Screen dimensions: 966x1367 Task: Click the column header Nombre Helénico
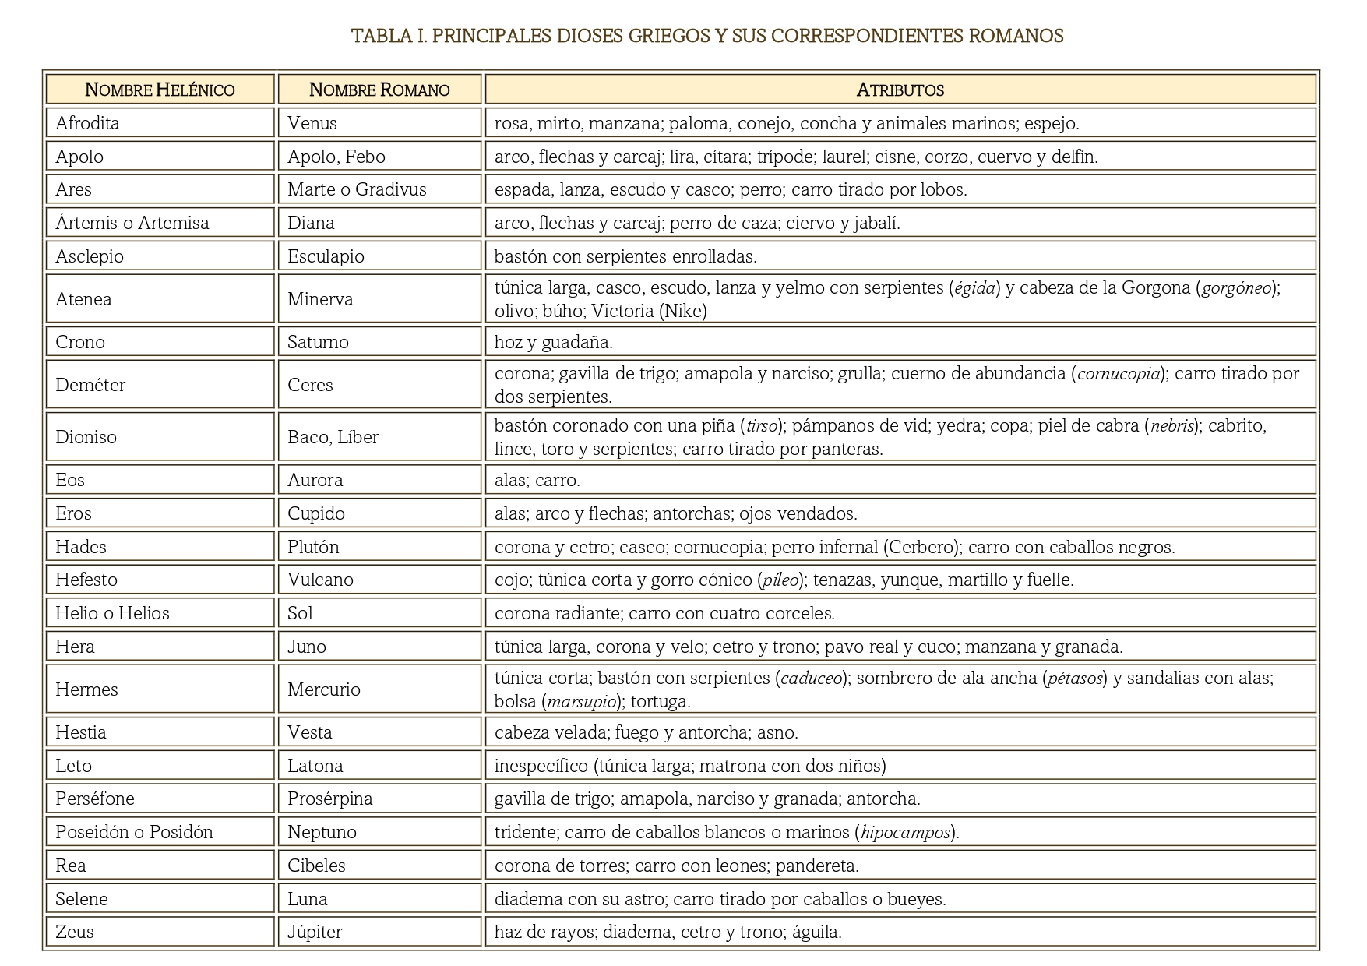click(x=160, y=90)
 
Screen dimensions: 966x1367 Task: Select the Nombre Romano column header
click(x=379, y=90)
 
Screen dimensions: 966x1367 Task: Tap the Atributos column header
click(x=900, y=90)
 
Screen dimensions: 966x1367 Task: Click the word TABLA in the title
click(x=376, y=36)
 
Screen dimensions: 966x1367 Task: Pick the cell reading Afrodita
click(x=87, y=123)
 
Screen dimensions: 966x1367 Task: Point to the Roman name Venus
click(x=312, y=123)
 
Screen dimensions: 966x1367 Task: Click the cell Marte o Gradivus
click(x=357, y=189)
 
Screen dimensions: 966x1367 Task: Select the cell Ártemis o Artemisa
click(x=132, y=223)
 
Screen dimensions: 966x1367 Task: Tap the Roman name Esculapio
click(x=326, y=256)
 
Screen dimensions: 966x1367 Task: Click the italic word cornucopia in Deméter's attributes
click(x=1119, y=374)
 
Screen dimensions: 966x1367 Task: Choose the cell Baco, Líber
click(x=333, y=437)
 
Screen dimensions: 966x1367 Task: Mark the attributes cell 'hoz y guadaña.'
click(x=554, y=342)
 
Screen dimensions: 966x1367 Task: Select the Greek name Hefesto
click(x=86, y=580)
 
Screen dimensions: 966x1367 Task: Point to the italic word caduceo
click(x=812, y=679)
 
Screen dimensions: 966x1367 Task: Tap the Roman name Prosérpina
click(x=329, y=799)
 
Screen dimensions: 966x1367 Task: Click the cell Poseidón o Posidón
click(x=134, y=832)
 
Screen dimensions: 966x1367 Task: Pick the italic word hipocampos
click(x=906, y=833)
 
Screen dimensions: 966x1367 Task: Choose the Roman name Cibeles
click(x=316, y=866)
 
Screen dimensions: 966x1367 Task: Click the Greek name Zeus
click(x=75, y=932)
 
